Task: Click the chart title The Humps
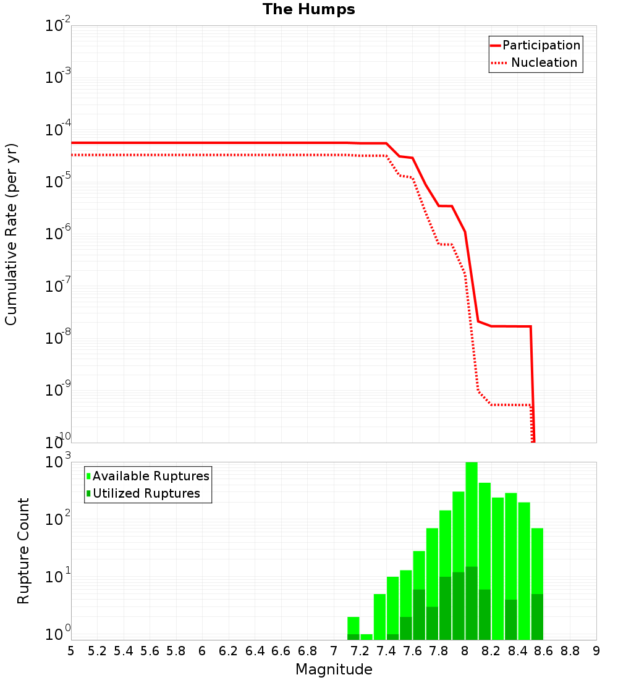click(x=308, y=9)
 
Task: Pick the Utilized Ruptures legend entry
click(x=146, y=493)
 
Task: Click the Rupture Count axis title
click(x=23, y=551)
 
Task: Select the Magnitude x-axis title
click(x=334, y=669)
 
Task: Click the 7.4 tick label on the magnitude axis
click(x=386, y=651)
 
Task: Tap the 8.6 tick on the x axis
click(x=544, y=651)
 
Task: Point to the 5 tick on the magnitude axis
click(x=71, y=651)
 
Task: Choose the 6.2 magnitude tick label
click(x=229, y=651)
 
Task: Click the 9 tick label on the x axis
click(x=596, y=651)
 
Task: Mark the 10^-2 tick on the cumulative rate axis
click(x=58, y=26)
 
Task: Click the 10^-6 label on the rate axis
click(x=58, y=234)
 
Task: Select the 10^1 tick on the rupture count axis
click(x=58, y=578)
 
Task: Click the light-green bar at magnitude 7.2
click(x=366, y=637)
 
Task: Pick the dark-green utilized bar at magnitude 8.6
click(x=537, y=617)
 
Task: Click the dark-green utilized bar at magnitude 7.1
click(x=353, y=637)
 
